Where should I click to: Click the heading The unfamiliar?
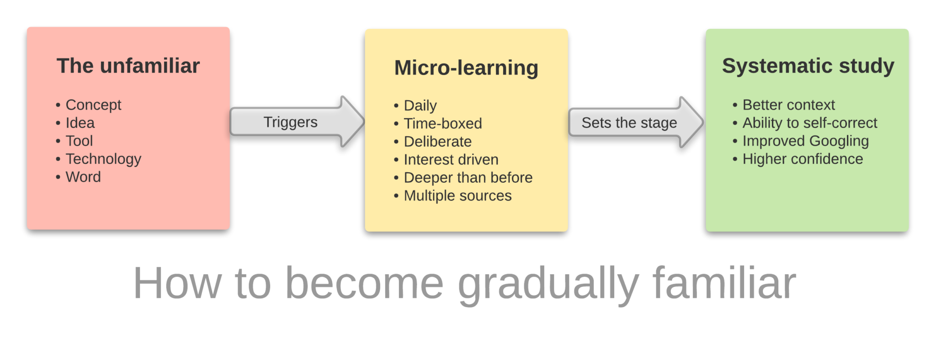pyautogui.click(x=128, y=66)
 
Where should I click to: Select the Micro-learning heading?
pyautogui.click(x=466, y=68)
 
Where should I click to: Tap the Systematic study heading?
pyautogui.click(x=808, y=66)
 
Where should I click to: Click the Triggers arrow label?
pyautogui.click(x=290, y=122)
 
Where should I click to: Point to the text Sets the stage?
pyautogui.click(x=629, y=122)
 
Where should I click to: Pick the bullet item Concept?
pyautogui.click(x=93, y=105)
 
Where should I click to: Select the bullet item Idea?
pyautogui.click(x=80, y=123)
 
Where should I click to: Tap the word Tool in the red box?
pyautogui.click(x=79, y=141)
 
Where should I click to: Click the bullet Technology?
pyautogui.click(x=103, y=159)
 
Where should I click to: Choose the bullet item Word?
pyautogui.click(x=83, y=177)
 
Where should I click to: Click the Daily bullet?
pyautogui.click(x=420, y=106)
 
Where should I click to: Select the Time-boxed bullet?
pyautogui.click(x=442, y=123)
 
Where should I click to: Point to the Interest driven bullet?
pyautogui.click(x=451, y=159)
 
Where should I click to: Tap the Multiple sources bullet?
pyautogui.click(x=457, y=196)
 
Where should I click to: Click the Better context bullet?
pyautogui.click(x=788, y=105)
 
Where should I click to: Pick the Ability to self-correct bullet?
pyautogui.click(x=809, y=123)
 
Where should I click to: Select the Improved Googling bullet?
pyautogui.click(x=805, y=141)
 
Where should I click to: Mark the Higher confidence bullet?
pyautogui.click(x=803, y=159)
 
